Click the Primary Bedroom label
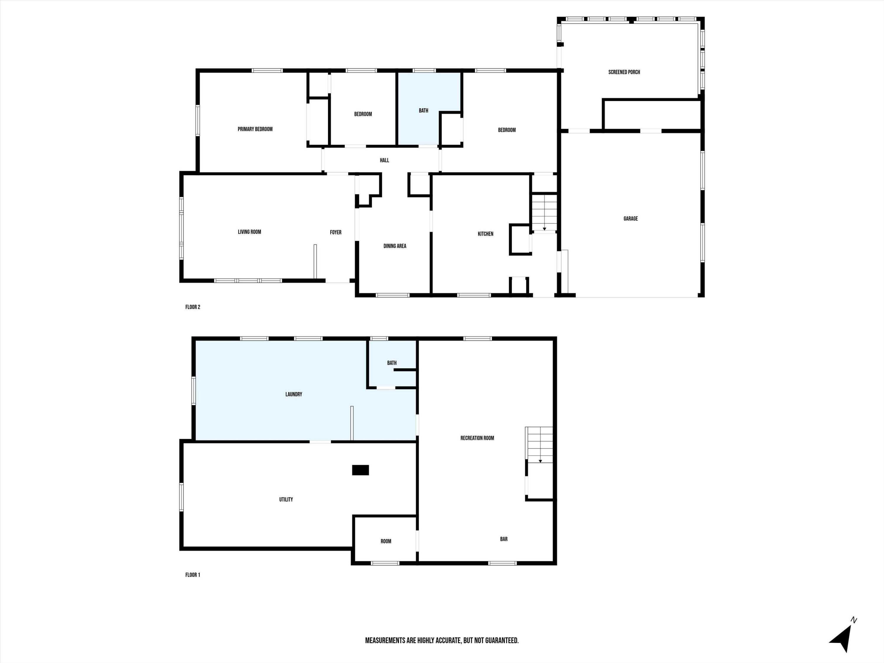(x=255, y=129)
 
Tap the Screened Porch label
(x=624, y=72)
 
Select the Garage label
(x=630, y=219)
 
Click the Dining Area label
(x=395, y=246)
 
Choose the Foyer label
(x=335, y=232)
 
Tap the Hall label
(x=384, y=160)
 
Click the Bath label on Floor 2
(x=423, y=111)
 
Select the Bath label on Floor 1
(x=392, y=363)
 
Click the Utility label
(x=286, y=499)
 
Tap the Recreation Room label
(x=477, y=438)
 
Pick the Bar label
(x=504, y=539)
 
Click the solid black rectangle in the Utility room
(x=360, y=470)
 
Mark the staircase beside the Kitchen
(x=544, y=212)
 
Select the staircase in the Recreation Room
(x=540, y=445)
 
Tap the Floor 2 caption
(x=193, y=307)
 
